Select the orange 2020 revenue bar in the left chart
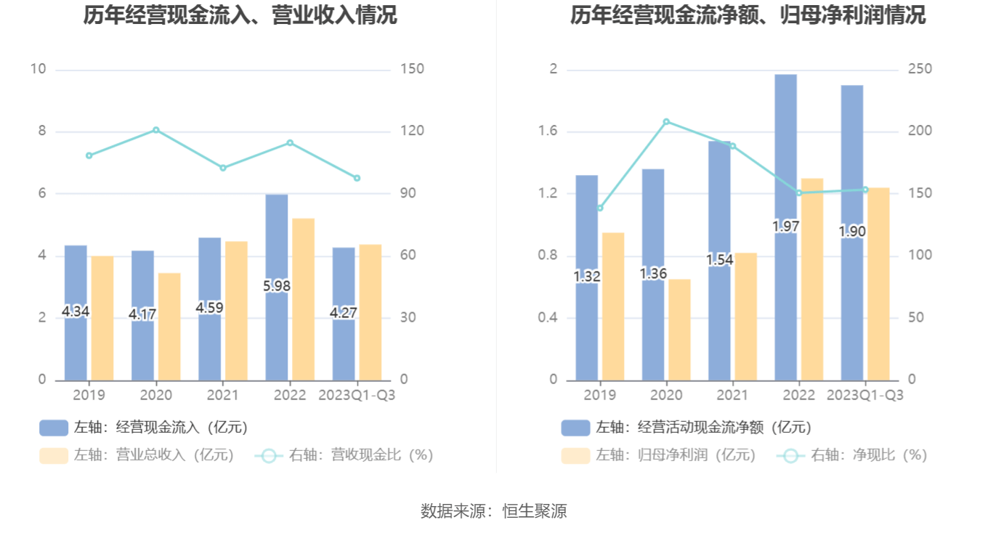click(x=169, y=327)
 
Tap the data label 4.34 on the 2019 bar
click(x=76, y=312)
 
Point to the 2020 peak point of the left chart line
click(x=155, y=130)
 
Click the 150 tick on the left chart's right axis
click(x=412, y=70)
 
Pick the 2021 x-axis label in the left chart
click(x=222, y=395)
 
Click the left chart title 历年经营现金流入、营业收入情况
click(x=240, y=15)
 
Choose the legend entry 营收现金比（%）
click(x=345, y=455)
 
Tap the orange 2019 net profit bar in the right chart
click(x=613, y=306)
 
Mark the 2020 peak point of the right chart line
click(x=666, y=121)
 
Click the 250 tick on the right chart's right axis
click(x=920, y=70)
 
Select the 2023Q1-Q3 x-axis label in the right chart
click(x=865, y=395)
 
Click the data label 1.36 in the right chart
click(x=654, y=274)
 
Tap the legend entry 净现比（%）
click(x=854, y=455)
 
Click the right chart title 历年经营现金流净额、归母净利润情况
click(x=748, y=15)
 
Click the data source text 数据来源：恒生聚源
click(x=494, y=511)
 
